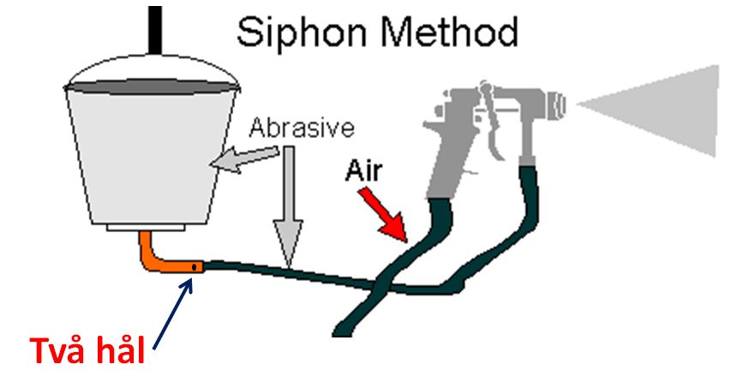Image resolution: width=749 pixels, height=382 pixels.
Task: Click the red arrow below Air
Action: [x=384, y=213]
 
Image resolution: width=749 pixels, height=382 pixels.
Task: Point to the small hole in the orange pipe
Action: [x=196, y=268]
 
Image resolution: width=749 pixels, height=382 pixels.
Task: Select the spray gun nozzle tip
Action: [x=562, y=104]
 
